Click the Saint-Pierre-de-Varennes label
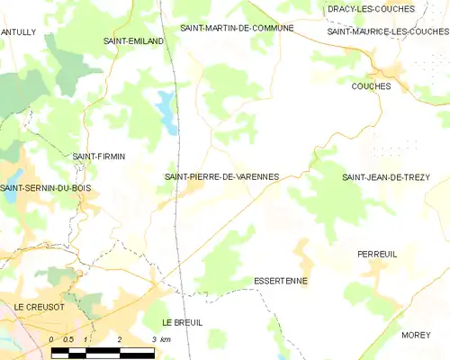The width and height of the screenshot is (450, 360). tap(221, 176)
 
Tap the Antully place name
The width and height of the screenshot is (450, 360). tap(18, 31)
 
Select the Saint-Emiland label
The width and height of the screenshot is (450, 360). tap(133, 41)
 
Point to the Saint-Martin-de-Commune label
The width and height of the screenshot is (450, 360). tap(237, 28)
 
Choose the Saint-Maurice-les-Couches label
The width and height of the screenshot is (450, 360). tap(388, 31)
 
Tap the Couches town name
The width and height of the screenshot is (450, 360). tap(372, 86)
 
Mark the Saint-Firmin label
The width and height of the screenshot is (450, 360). tap(98, 156)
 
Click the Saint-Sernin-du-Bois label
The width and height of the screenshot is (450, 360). tap(45, 187)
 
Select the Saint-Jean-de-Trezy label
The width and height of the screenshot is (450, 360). tap(386, 177)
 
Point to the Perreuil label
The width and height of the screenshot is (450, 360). tap(377, 255)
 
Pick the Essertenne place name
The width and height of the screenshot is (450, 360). tap(281, 281)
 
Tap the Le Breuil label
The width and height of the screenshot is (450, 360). tap(182, 322)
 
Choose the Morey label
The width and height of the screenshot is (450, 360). tap(416, 335)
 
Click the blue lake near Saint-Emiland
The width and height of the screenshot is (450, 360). tap(166, 109)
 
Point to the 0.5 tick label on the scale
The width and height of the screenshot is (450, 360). tap(68, 338)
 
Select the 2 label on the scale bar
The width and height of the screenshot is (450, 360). tap(119, 338)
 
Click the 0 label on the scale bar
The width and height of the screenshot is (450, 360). tap(52, 338)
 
